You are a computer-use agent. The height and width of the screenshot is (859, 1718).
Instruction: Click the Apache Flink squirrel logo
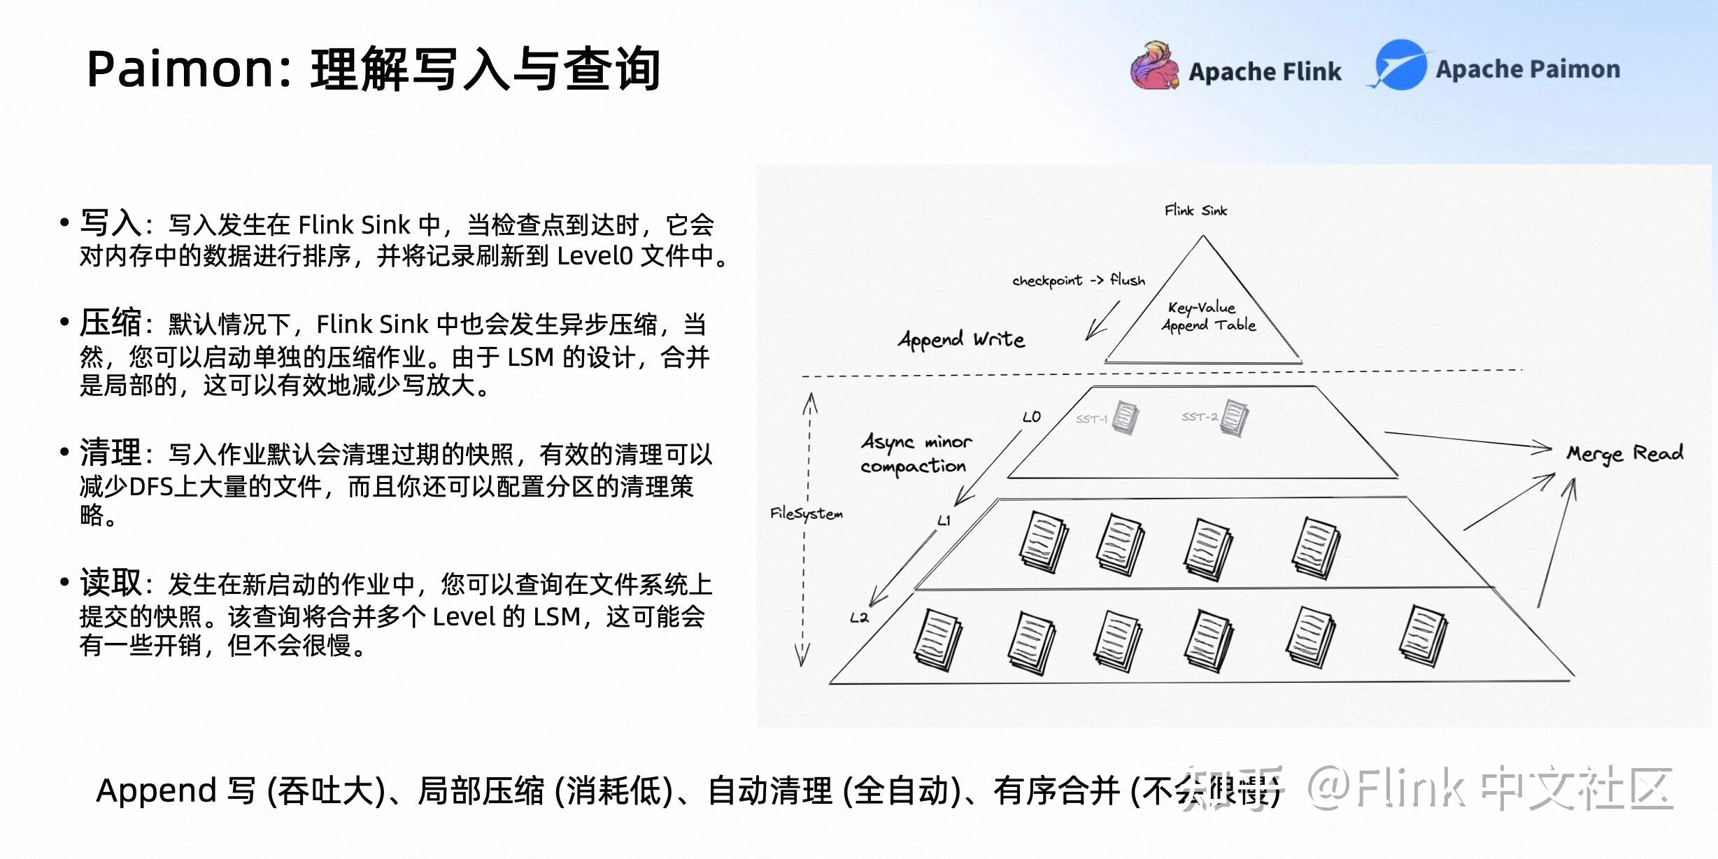click(1153, 66)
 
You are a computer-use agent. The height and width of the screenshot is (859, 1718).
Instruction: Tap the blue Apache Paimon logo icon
click(1400, 65)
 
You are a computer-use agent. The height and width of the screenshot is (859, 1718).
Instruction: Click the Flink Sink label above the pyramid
click(1195, 210)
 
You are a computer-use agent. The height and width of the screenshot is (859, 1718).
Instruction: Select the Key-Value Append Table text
click(1208, 316)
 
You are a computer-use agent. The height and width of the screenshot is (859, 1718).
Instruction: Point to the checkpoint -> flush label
click(1078, 281)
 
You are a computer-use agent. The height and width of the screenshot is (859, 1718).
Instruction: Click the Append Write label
click(961, 340)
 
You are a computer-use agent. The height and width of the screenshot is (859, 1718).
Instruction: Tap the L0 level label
click(1031, 417)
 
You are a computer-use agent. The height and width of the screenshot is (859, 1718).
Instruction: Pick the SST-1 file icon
click(1125, 418)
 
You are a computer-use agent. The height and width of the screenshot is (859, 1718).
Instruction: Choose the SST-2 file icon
click(1234, 418)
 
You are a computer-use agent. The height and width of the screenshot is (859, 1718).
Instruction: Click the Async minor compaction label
click(915, 454)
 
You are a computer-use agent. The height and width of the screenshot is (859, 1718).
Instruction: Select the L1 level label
click(944, 520)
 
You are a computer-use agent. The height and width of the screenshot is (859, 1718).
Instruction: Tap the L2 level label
click(859, 618)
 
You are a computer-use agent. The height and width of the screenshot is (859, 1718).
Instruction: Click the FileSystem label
click(806, 513)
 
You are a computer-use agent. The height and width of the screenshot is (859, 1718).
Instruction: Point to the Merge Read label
click(1624, 454)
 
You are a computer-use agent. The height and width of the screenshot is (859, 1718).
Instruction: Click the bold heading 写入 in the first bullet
click(111, 223)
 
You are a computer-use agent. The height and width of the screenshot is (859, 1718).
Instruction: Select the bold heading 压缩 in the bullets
click(111, 322)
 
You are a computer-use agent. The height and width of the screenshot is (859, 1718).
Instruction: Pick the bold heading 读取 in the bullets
click(111, 582)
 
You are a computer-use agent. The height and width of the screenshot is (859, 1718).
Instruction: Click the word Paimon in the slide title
click(183, 69)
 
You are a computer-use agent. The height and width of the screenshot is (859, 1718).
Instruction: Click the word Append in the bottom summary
click(156, 790)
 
